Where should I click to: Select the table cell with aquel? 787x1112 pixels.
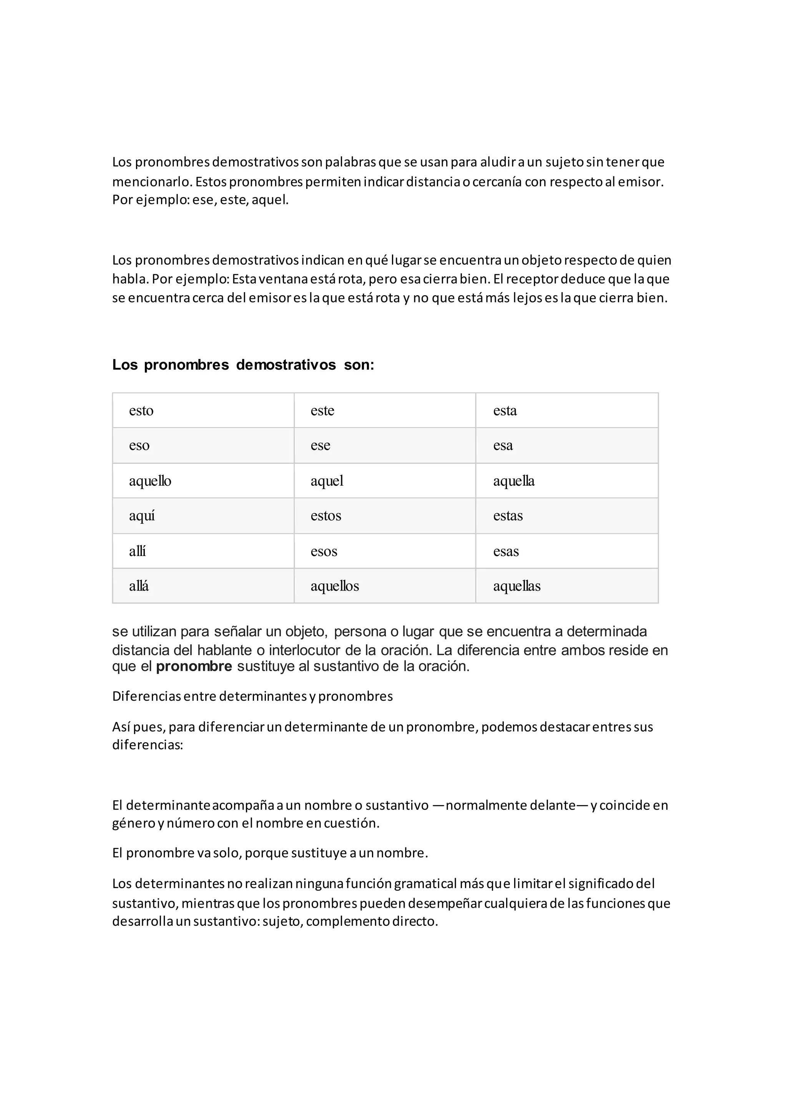coord(385,480)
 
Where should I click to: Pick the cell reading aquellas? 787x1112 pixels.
coord(566,586)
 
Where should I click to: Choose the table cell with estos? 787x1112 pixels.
coord(385,515)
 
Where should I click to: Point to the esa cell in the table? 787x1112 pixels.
coord(566,445)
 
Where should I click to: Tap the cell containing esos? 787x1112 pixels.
coord(385,551)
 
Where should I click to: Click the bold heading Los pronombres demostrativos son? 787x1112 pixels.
coord(243,365)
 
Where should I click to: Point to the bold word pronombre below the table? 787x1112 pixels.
coord(194,667)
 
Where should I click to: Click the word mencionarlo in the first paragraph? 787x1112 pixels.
coord(152,182)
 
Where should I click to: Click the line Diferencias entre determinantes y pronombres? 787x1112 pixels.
coord(252,696)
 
